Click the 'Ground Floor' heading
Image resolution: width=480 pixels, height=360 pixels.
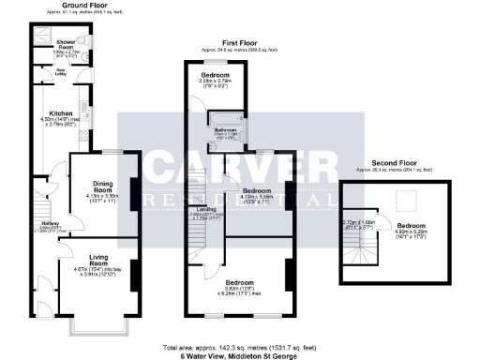82,5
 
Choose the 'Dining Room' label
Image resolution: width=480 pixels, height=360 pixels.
98,187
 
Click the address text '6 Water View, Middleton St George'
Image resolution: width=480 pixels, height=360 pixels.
239,356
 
